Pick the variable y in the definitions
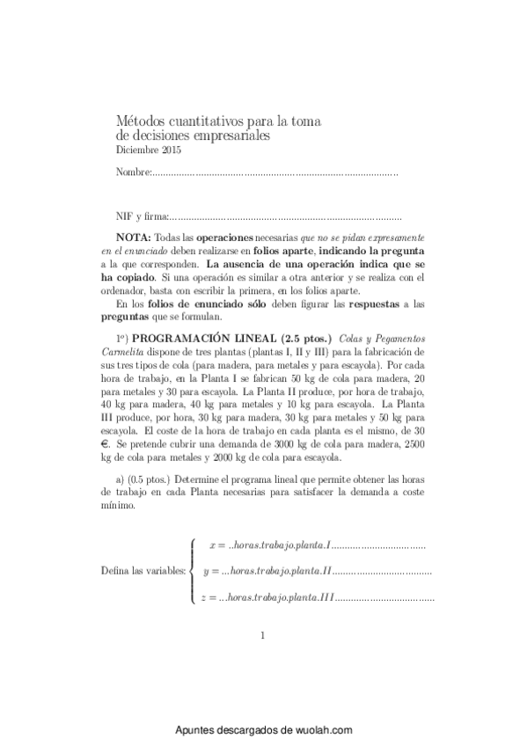206,571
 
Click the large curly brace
193,571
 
